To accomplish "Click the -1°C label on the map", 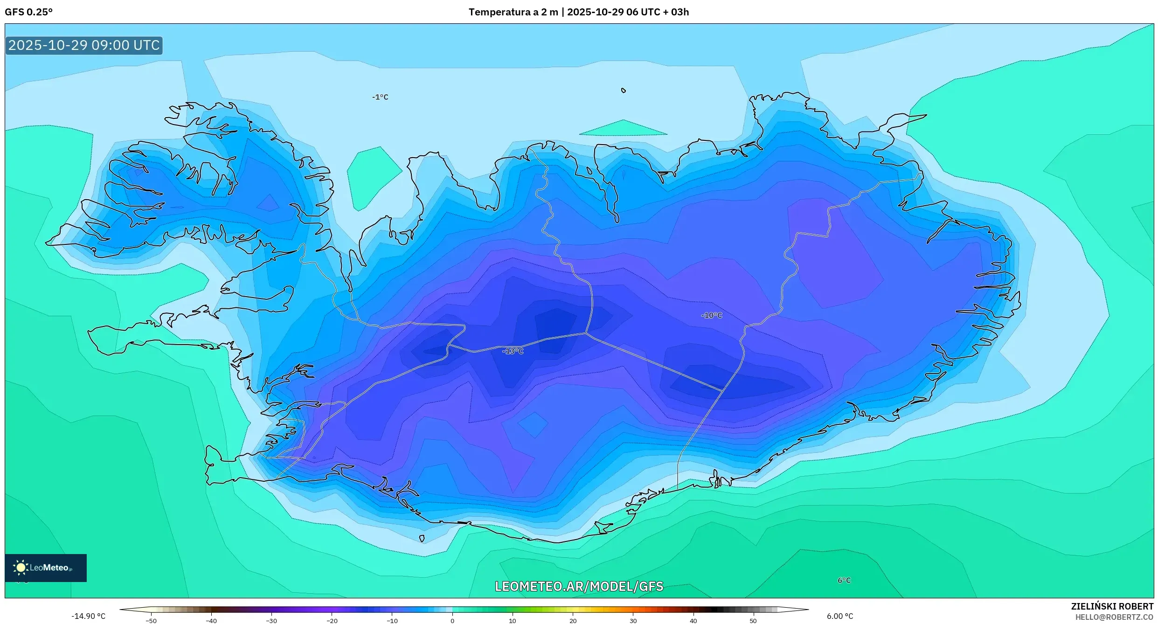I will (380, 97).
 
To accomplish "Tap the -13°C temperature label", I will (513, 351).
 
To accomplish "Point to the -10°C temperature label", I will (711, 316).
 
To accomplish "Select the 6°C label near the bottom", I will (844, 581).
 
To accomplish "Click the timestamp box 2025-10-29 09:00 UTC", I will (84, 45).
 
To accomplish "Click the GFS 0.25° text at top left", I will (28, 12).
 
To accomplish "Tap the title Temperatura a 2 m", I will (513, 12).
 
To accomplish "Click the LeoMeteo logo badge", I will (46, 568).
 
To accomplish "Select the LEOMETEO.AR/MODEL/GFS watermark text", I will (579, 587).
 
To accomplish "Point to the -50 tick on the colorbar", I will (151, 621).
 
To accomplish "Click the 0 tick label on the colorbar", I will (452, 621).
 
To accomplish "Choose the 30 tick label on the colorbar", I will (633, 621).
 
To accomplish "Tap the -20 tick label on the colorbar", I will (332, 621).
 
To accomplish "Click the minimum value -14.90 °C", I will (88, 616).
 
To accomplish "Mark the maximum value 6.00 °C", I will (840, 616).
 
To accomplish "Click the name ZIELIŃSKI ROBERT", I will (1112, 606).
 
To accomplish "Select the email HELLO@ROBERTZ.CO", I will (1114, 617).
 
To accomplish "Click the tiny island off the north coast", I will (624, 90).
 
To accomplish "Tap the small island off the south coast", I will (422, 539).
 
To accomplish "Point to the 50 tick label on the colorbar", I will (753, 621).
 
